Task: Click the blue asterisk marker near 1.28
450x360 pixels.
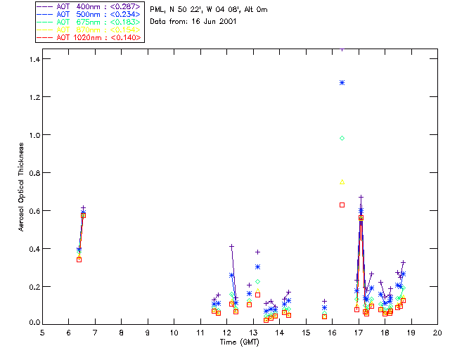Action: [342, 82]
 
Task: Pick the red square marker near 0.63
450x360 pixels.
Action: [342, 205]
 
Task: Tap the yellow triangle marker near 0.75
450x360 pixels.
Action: [342, 181]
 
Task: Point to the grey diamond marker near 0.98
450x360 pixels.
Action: [342, 138]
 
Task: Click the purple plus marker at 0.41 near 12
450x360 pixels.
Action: [231, 246]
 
